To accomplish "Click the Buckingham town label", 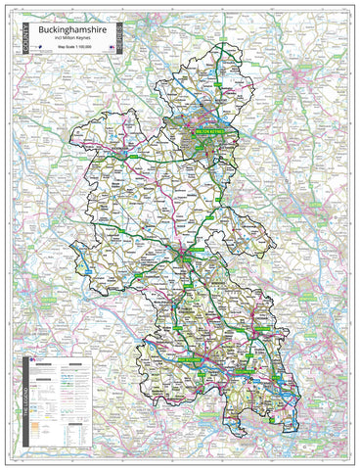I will point(125,152).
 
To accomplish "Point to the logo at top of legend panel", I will point(34,361).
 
